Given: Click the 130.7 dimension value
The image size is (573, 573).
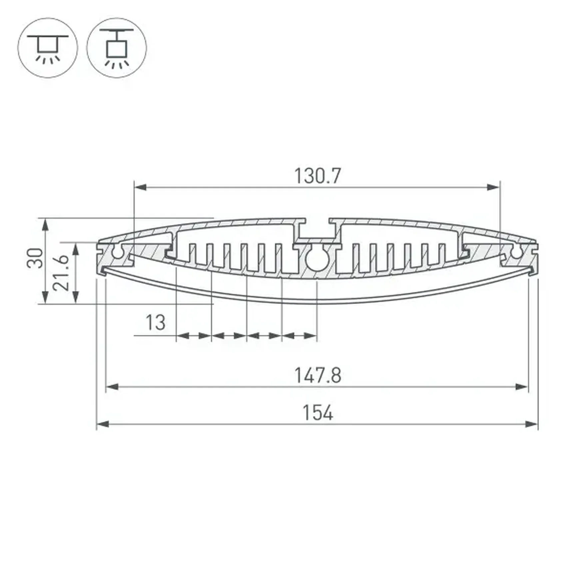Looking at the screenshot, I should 317,176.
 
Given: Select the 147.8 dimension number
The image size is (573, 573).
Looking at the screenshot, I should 317,375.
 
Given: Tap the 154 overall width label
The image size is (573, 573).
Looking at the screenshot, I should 317,413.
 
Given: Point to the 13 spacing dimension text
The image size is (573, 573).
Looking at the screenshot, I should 155,322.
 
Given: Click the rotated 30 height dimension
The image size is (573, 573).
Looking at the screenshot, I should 35,258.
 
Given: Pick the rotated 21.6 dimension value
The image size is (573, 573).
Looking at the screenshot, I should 61,273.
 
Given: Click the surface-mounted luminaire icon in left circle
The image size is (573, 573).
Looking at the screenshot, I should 48,48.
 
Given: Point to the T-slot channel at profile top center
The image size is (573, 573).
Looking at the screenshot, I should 317,230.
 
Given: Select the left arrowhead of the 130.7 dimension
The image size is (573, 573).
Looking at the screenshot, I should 140,187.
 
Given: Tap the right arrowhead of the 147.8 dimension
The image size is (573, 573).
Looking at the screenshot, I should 522,387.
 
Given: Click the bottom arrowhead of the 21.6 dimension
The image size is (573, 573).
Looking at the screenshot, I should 76,297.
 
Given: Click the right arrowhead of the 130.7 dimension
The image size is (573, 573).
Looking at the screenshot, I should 494,187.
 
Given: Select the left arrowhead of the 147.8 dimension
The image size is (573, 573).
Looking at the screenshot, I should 112,387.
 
